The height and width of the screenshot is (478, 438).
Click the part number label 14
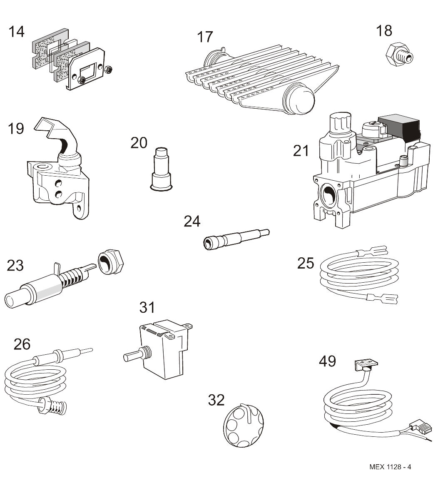tap(17, 32)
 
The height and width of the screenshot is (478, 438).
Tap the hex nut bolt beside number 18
tap(397, 54)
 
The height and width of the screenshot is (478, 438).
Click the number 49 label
tap(327, 361)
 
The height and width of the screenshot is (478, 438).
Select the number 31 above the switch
tap(147, 307)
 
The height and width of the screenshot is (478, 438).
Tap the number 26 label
tap(22, 344)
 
